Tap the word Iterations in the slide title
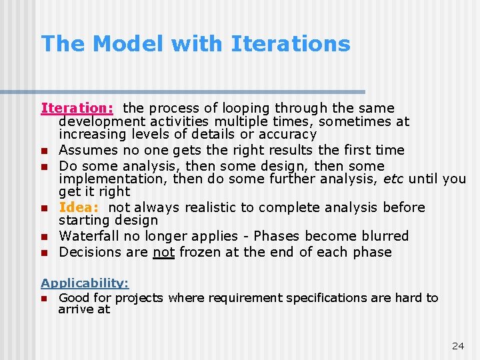(290, 44)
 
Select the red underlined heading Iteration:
(79, 108)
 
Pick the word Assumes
(85, 150)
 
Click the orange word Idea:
(79, 207)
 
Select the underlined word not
(163, 252)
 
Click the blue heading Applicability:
(85, 283)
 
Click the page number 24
(457, 345)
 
